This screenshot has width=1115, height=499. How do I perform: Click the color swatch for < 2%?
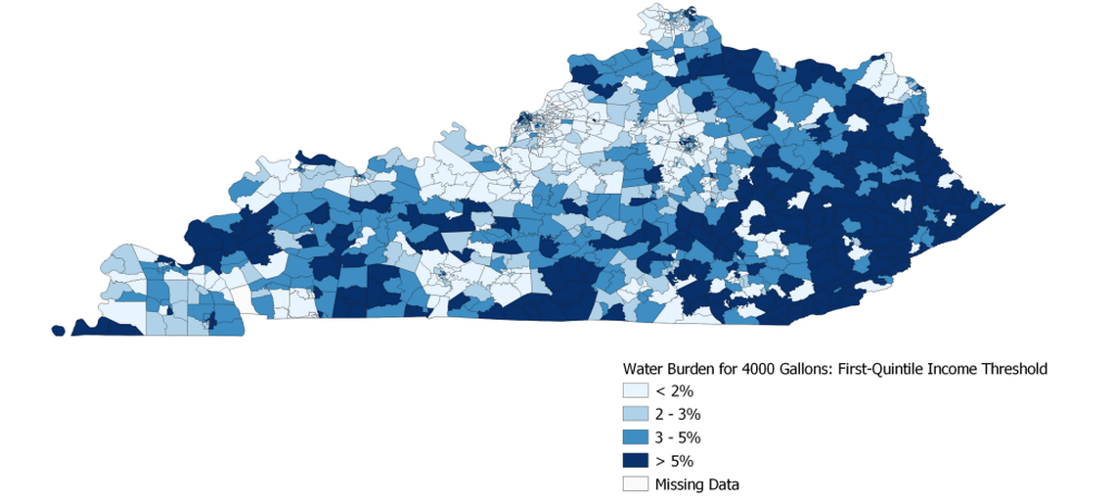coord(636,391)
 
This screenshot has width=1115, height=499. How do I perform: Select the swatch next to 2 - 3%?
coord(636,414)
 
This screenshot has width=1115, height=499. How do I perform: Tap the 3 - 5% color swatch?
coord(636,437)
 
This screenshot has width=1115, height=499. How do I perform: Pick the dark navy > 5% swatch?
coord(636,461)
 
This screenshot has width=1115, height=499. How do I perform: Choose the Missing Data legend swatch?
coord(636,484)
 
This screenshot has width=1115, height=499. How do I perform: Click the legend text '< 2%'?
coord(675,391)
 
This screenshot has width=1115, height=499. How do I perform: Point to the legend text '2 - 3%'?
coord(678,414)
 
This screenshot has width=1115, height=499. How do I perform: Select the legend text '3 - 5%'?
coord(678,437)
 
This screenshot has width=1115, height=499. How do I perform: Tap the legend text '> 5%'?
coord(675,461)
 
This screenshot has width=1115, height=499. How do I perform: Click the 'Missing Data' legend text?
coord(697,484)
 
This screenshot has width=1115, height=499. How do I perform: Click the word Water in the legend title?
coord(643,370)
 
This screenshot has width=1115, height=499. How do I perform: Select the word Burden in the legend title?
coord(693,370)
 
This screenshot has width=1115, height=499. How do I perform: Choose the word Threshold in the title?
coord(1018,370)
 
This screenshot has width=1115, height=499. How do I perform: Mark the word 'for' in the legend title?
coord(730,370)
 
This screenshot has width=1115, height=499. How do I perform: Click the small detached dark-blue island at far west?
coord(58,331)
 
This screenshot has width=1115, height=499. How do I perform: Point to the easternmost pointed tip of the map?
coord(1004,206)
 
